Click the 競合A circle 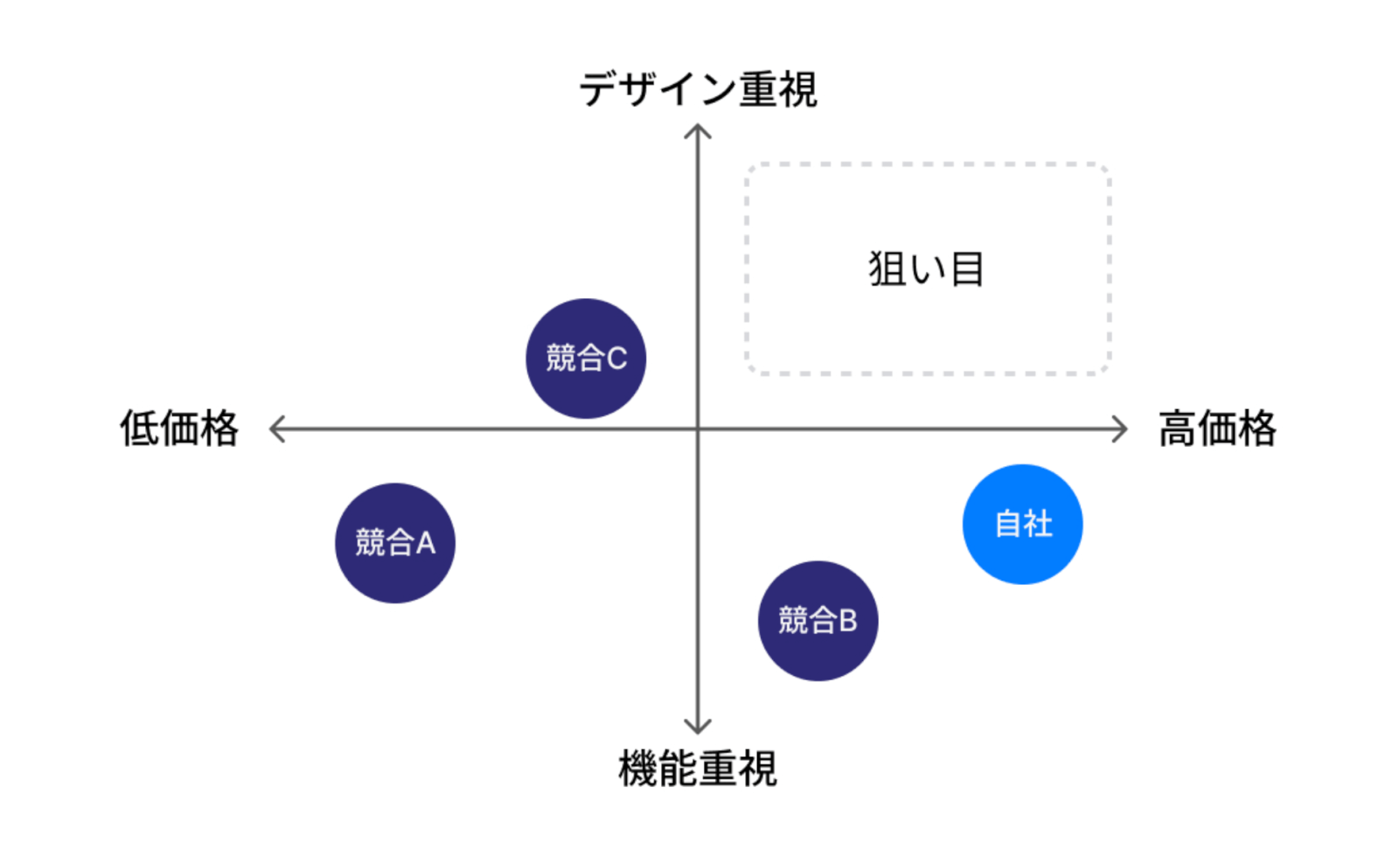395,543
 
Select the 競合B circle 818,621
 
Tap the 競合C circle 586,358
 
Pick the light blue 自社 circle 1022,524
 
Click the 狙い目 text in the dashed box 927,268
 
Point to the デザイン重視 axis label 698,89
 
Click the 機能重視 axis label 697,769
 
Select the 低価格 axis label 179,428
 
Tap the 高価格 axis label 1217,428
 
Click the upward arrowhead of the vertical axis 697,131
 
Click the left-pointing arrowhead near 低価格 275,429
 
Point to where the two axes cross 697,429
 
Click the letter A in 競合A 426,543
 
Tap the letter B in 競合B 847,621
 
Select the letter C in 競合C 616,358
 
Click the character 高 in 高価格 1178,428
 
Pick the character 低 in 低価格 139,428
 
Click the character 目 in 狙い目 967,268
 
